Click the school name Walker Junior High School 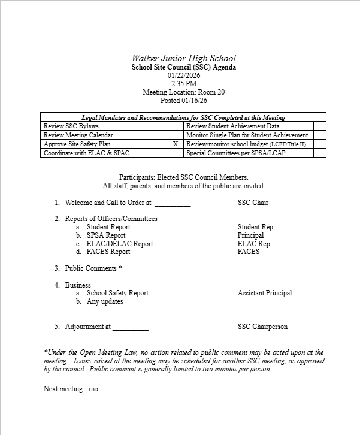coord(183,58)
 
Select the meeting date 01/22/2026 coord(184,75)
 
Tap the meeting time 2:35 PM coord(184,84)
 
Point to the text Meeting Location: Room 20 coord(184,92)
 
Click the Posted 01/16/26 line coord(184,101)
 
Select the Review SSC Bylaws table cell coord(105,126)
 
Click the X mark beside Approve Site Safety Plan coord(176,144)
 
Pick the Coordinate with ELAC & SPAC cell coord(105,153)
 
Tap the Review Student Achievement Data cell coord(248,126)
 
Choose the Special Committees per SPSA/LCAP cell coord(248,153)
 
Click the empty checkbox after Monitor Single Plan coord(320,135)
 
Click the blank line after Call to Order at coord(173,203)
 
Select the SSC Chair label coord(253,203)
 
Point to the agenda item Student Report coord(108,227)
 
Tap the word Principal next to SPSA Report coord(250,235)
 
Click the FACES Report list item coord(108,252)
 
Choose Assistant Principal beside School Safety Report coord(265,293)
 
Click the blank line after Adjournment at coord(131,327)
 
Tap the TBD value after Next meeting coord(93,389)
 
